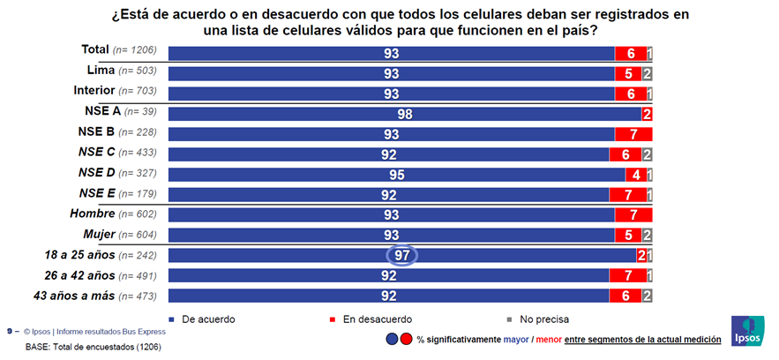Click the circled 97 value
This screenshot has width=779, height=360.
tap(401, 255)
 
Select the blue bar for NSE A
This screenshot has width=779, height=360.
tap(404, 114)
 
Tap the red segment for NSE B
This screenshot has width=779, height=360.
tap(633, 134)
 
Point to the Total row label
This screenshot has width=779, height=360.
tap(94, 50)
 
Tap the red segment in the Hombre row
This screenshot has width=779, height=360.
tap(633, 215)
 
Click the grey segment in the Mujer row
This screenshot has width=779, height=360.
tap(648, 236)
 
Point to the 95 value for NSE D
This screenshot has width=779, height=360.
tap(397, 175)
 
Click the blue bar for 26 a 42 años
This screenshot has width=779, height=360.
tap(388, 276)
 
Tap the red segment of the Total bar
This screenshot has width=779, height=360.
tap(630, 53)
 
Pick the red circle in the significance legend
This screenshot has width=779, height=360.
tap(407, 339)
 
